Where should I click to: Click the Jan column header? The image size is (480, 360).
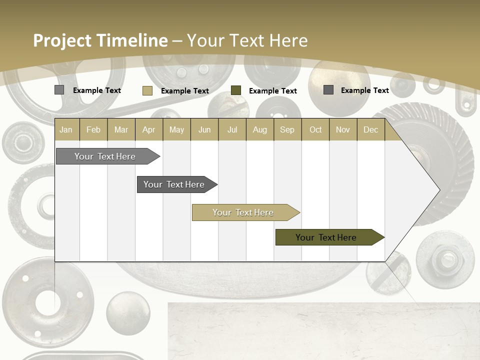66,130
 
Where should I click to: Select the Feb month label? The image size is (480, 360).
93,130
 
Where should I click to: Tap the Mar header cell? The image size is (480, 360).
121,130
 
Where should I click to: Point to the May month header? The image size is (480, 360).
176,130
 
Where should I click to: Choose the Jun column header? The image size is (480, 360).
204,130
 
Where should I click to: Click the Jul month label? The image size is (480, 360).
232,130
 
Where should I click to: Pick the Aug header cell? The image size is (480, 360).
259,130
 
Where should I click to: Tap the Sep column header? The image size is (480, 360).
287,130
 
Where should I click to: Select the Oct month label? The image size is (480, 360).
315,130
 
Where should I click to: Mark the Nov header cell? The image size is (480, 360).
343,130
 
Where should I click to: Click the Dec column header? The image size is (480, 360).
370,130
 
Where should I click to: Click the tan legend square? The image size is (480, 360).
147,90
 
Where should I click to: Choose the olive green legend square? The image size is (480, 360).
236,90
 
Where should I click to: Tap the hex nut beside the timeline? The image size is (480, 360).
445,258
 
